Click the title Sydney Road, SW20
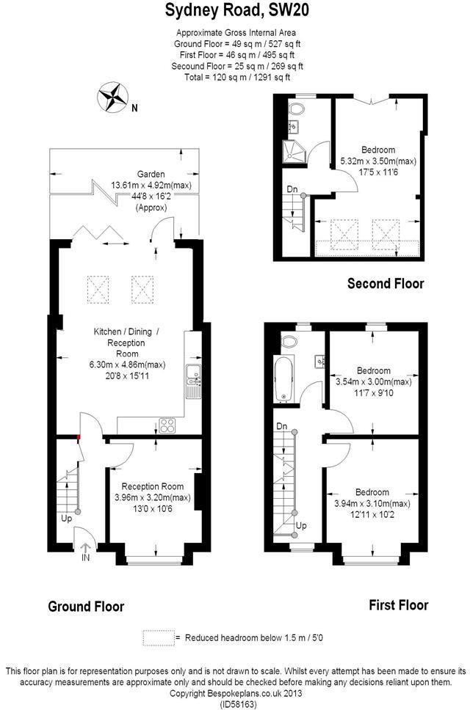tap(236, 10)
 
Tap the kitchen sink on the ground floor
tap(193, 380)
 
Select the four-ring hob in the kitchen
tap(167, 425)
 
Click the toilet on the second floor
tap(297, 109)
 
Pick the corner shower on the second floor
tap(294, 151)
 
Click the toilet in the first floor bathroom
tap(289, 341)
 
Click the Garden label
tap(151, 174)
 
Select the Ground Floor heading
tap(86, 606)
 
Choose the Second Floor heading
tap(386, 283)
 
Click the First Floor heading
tap(398, 605)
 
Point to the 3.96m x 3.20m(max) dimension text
tap(153, 497)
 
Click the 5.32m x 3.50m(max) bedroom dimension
tap(378, 161)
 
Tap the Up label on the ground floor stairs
tap(66, 519)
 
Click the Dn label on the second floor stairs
tap(292, 189)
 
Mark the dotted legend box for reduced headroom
tap(158, 637)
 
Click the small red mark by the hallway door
tap(79, 436)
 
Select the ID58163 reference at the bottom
tap(237, 704)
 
